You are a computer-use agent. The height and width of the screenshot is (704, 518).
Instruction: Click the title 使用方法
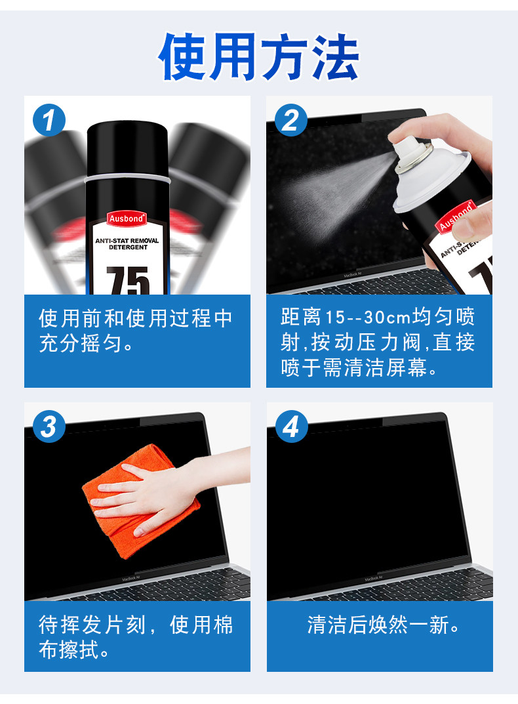(258, 57)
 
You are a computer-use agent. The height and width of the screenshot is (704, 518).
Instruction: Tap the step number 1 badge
(49, 120)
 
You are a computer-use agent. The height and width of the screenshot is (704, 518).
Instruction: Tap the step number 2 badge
(291, 120)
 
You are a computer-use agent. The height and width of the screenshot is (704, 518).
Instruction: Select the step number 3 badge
(49, 426)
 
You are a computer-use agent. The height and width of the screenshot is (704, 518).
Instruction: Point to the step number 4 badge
(291, 426)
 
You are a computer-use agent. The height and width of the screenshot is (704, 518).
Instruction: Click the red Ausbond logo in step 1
(127, 218)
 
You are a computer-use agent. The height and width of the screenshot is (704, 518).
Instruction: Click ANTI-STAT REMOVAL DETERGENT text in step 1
(127, 244)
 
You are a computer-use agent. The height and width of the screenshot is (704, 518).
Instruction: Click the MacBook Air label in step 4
(374, 579)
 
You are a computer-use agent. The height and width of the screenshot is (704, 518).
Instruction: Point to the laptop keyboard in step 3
(180, 585)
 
